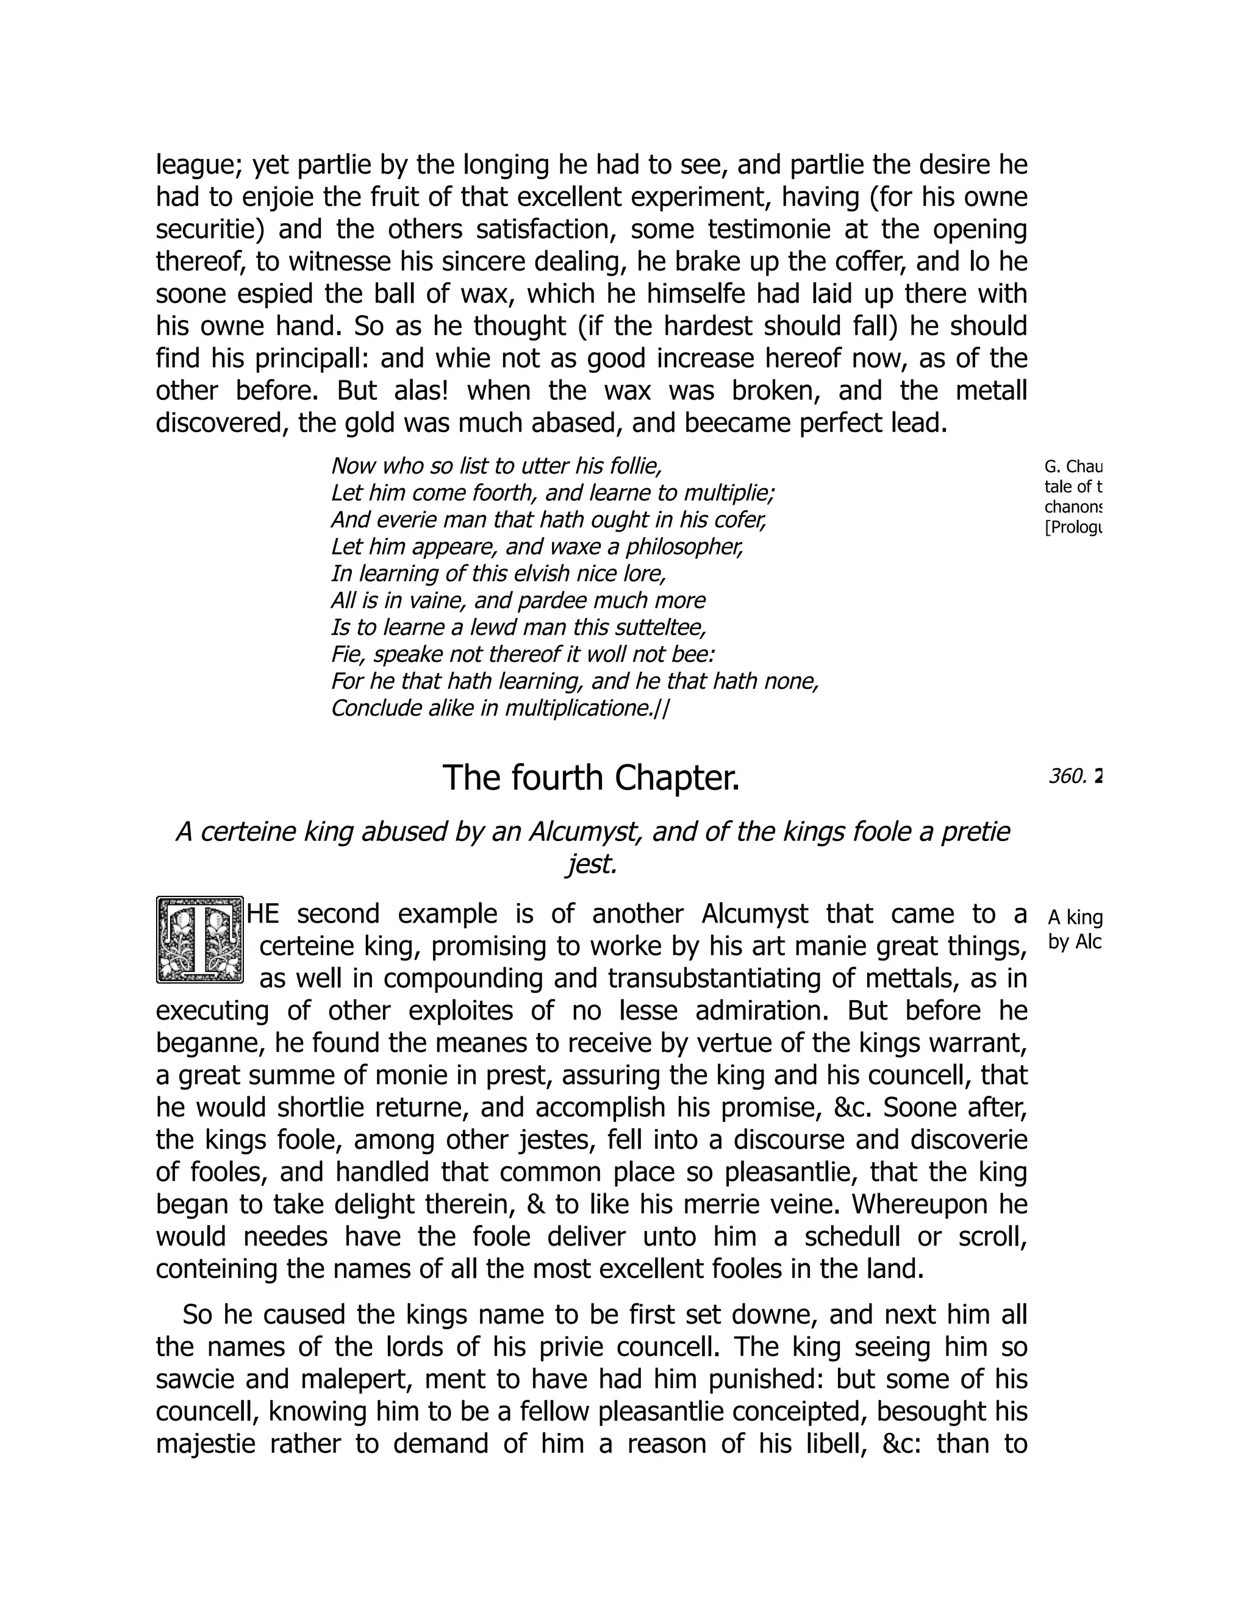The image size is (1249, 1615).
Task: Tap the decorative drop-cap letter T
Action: (x=200, y=940)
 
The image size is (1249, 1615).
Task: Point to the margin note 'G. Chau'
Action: (x=1073, y=467)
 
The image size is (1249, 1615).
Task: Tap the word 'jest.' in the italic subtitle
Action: (x=591, y=864)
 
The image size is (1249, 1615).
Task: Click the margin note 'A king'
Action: (x=1075, y=918)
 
